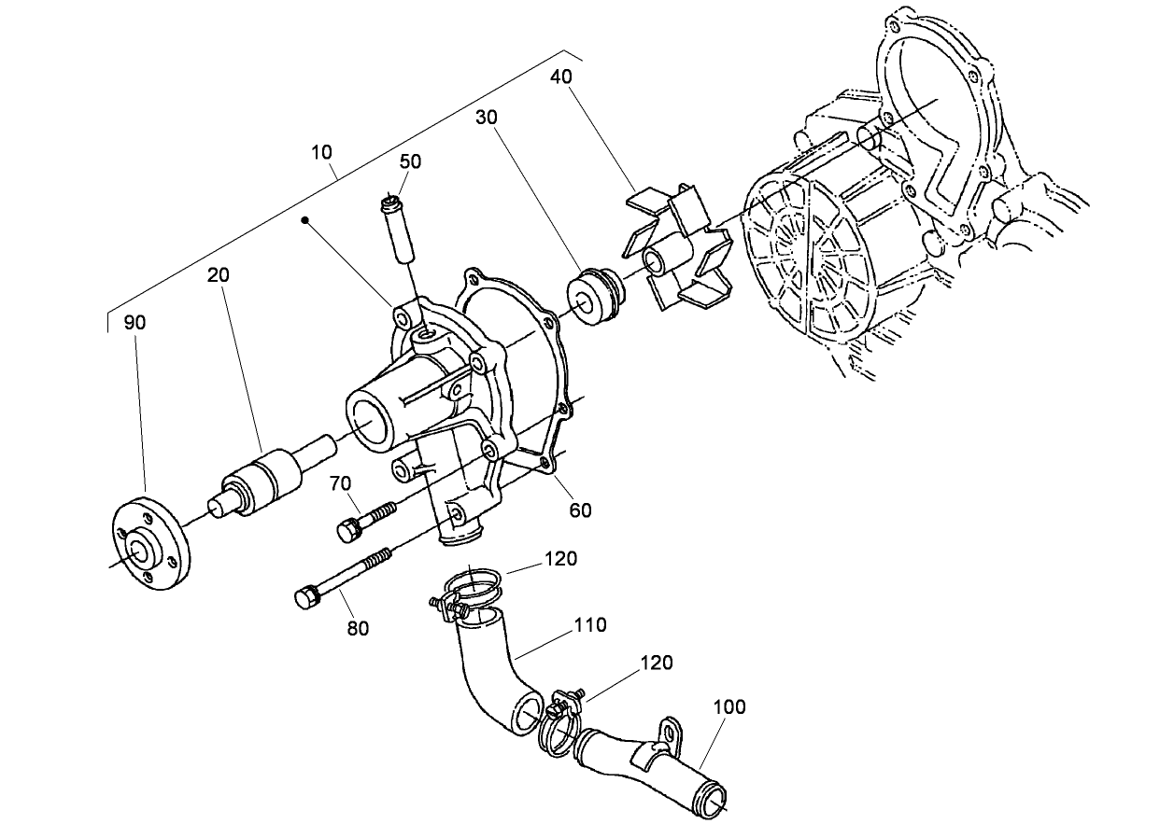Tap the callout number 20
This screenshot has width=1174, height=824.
pyautogui.click(x=219, y=275)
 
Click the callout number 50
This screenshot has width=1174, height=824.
pyautogui.click(x=410, y=161)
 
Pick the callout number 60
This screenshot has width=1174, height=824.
pyautogui.click(x=580, y=510)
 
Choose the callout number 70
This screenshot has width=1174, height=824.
pyautogui.click(x=340, y=483)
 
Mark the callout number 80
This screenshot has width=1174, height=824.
pyautogui.click(x=358, y=628)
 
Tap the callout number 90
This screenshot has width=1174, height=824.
pyautogui.click(x=135, y=323)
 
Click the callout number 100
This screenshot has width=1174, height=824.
pyautogui.click(x=729, y=706)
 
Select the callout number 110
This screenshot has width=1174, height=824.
pyautogui.click(x=590, y=625)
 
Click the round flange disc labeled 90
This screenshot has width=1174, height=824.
pyautogui.click(x=149, y=546)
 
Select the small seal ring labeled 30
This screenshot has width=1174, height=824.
pyautogui.click(x=594, y=297)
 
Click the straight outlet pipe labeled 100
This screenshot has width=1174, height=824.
pyautogui.click(x=654, y=761)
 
